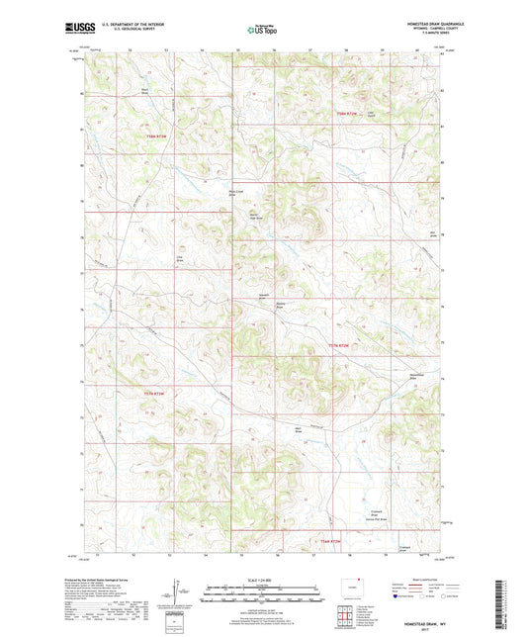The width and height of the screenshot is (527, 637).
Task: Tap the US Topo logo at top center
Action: coord(262,31)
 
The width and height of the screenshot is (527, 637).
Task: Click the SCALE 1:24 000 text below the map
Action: coord(262,579)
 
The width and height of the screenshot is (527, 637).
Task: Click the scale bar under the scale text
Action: coord(262,595)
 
